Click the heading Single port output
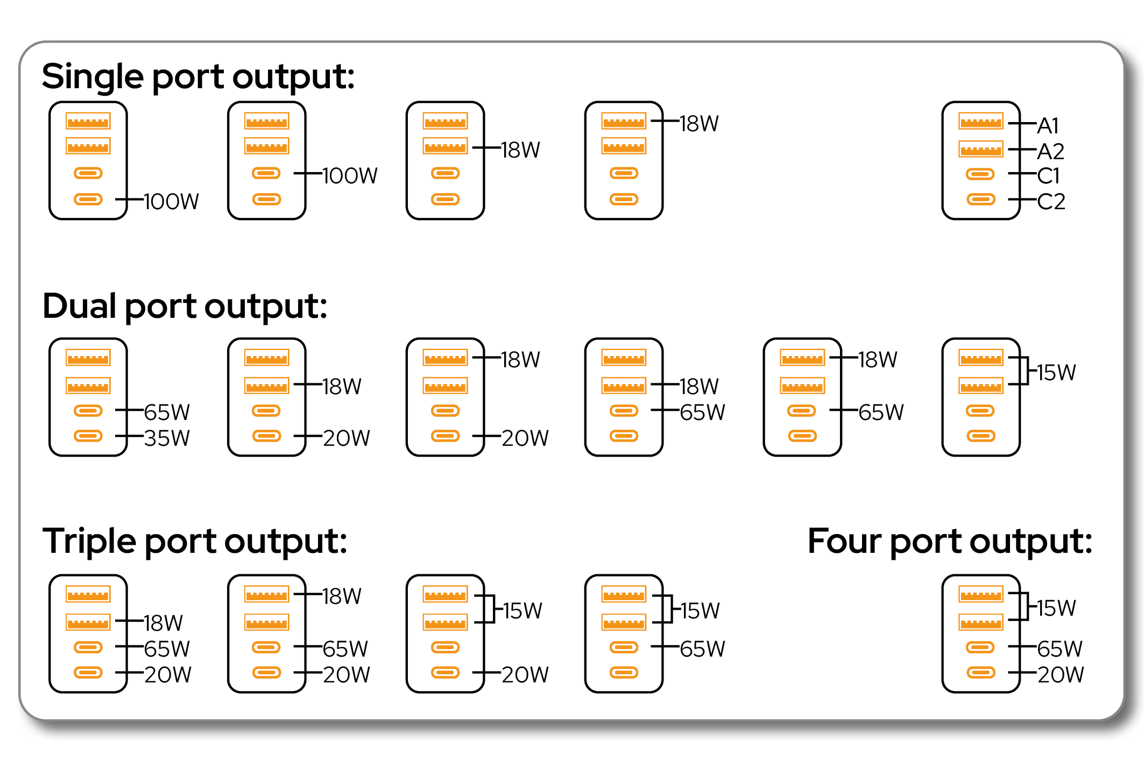coord(198,76)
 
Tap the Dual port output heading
coord(185,306)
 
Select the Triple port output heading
coord(194,541)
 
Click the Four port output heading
coord(950,541)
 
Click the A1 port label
coord(1048,126)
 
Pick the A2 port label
coord(1050,152)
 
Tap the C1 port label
coord(1048,176)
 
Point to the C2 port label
coord(1051,202)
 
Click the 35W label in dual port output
coord(167,438)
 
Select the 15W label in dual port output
coord(1056,372)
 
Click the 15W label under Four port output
coord(1056,608)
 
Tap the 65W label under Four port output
coord(1060,649)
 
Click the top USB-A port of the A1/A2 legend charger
coord(980,121)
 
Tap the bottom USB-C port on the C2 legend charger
coord(980,200)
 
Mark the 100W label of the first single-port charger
coord(171,202)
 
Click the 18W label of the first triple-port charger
coord(163,623)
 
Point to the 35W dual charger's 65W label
coord(167,412)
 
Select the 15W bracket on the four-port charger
coord(1025,607)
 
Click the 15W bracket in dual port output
coord(1025,371)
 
